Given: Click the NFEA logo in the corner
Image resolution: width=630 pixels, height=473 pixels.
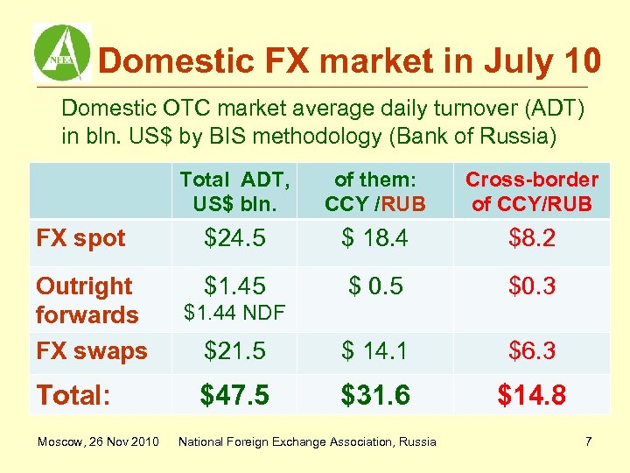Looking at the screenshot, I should (x=61, y=53).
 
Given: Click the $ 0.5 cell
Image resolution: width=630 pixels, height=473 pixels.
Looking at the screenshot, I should (x=375, y=285).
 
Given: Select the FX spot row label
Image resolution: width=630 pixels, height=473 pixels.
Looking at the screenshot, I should (x=80, y=238).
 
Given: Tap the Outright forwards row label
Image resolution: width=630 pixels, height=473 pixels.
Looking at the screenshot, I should (x=87, y=300).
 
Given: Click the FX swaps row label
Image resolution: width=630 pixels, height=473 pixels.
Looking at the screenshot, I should (x=91, y=351).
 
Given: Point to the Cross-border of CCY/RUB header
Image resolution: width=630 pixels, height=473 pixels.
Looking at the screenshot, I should (x=531, y=192).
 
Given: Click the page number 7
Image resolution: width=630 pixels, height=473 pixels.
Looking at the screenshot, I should (x=589, y=441).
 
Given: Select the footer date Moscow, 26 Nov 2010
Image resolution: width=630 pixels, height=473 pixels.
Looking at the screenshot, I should (x=97, y=441).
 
